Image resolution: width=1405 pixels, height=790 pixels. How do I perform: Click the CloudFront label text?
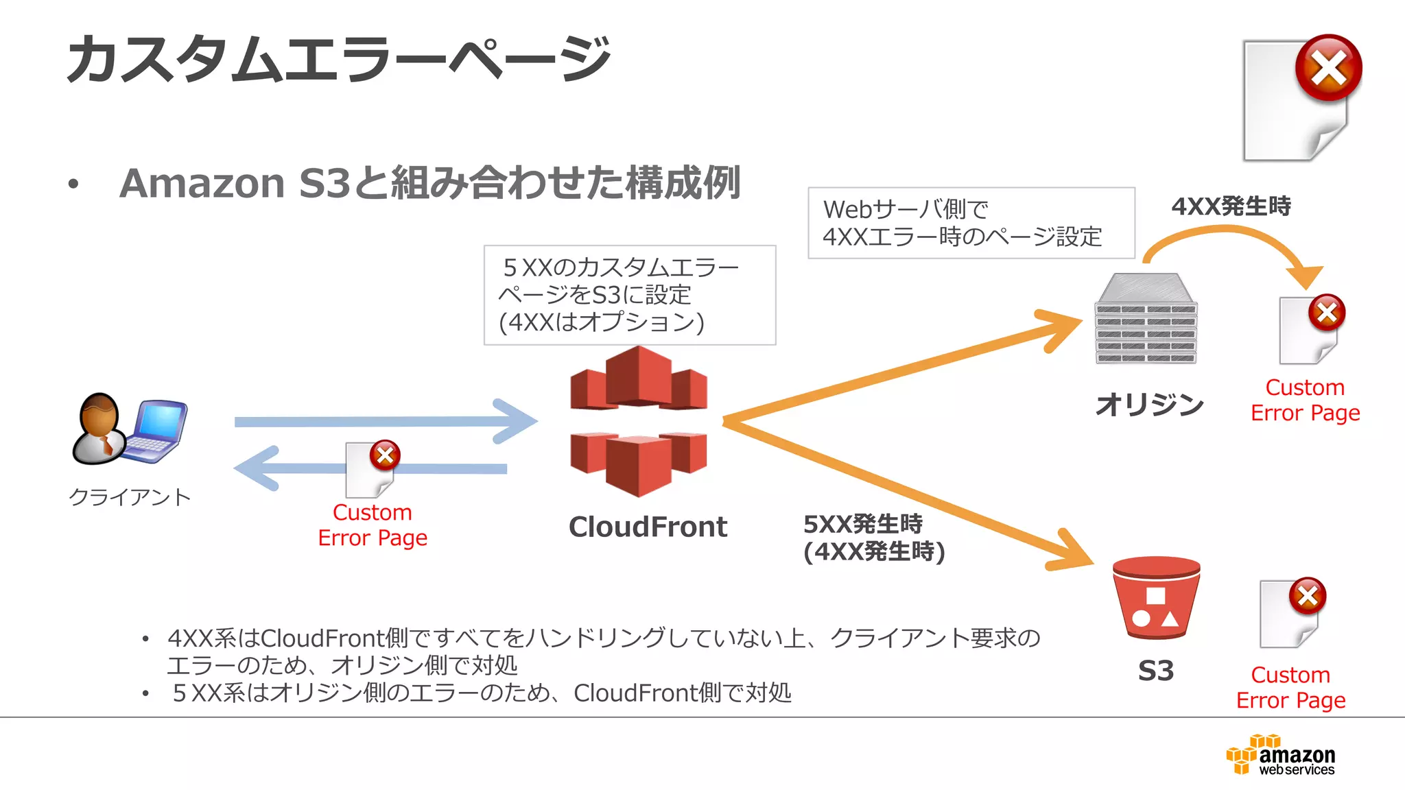tap(648, 527)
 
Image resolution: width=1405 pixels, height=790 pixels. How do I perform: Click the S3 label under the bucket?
tap(1156, 671)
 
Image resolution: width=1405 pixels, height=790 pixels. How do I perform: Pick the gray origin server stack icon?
tap(1146, 320)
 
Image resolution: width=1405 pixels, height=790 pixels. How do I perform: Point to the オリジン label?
tap(1149, 404)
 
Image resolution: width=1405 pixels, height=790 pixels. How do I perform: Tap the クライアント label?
tap(130, 497)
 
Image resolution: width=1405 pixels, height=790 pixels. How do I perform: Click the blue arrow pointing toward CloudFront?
tap(384, 421)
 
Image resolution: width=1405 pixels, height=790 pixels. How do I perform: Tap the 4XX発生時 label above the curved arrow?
tap(1231, 206)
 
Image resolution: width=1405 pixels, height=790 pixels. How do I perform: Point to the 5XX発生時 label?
tap(863, 525)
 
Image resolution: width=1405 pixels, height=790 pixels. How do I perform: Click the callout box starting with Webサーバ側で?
tap(971, 223)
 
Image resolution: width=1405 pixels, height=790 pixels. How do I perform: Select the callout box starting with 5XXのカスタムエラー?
tap(629, 295)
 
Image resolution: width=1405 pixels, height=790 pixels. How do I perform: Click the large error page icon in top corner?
tap(1300, 99)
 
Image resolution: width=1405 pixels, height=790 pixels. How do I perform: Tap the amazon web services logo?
tap(1281, 755)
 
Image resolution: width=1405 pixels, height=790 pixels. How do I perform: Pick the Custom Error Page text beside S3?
tap(1290, 687)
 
